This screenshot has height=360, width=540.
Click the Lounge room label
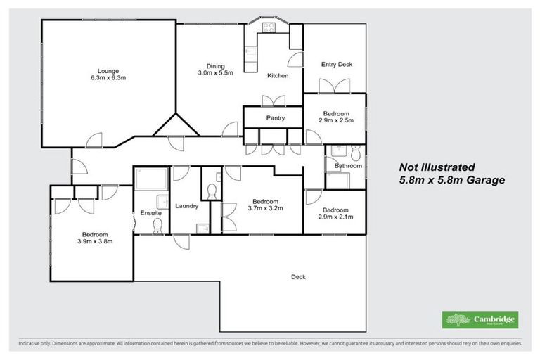(108, 75)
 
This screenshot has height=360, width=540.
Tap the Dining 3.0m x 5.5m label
(210, 68)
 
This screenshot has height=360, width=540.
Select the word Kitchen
(277, 75)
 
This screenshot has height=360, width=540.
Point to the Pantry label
(275, 118)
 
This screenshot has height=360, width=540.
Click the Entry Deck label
(335, 64)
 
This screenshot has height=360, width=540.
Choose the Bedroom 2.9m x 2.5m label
(335, 117)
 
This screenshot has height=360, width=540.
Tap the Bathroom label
(347, 166)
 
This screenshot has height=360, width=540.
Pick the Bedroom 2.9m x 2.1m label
(335, 213)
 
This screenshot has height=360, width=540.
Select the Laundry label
(186, 206)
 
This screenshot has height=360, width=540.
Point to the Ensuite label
(150, 212)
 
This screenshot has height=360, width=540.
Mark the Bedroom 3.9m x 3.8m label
(94, 238)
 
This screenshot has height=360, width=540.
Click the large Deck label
(298, 276)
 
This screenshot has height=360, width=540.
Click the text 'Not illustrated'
(437, 167)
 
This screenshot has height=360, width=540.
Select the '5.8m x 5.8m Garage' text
(451, 180)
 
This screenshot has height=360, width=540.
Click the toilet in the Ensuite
(157, 225)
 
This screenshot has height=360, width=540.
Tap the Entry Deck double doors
(334, 86)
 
